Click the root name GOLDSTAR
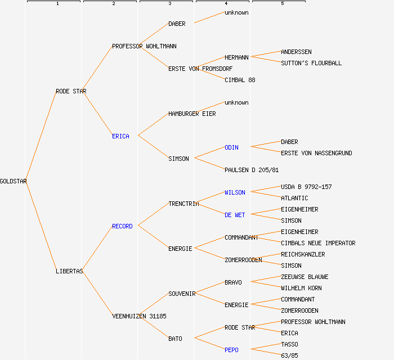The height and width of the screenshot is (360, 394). coord(14,181)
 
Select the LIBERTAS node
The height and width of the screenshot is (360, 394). coord(69,271)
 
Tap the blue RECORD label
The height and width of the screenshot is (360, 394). coord(122,226)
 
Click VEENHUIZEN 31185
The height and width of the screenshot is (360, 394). coord(139,316)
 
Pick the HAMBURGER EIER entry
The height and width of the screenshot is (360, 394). coord(192,114)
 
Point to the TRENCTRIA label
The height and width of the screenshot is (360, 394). coord(183,204)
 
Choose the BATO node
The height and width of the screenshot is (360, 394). coord(175,339)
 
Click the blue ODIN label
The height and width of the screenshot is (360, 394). coord(231,147)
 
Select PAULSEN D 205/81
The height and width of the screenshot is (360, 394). coord(252,170)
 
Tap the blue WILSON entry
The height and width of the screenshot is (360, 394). coord(235,192)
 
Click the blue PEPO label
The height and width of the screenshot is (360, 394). coord(231,350)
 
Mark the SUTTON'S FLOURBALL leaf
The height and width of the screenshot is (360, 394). coord(311,63)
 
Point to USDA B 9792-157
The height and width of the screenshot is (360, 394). coord(306,187)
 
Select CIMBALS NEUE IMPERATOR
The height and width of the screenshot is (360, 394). coord(318,243)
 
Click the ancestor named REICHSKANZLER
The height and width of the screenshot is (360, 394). coord(303,254)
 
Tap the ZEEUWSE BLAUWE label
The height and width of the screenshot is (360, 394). coord(305,277)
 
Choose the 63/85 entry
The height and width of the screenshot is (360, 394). coord(289,355)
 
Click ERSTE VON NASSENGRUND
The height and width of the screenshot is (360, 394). coord(316,153)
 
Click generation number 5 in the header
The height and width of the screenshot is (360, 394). coord(283,4)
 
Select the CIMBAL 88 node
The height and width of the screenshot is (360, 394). coord(240,80)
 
